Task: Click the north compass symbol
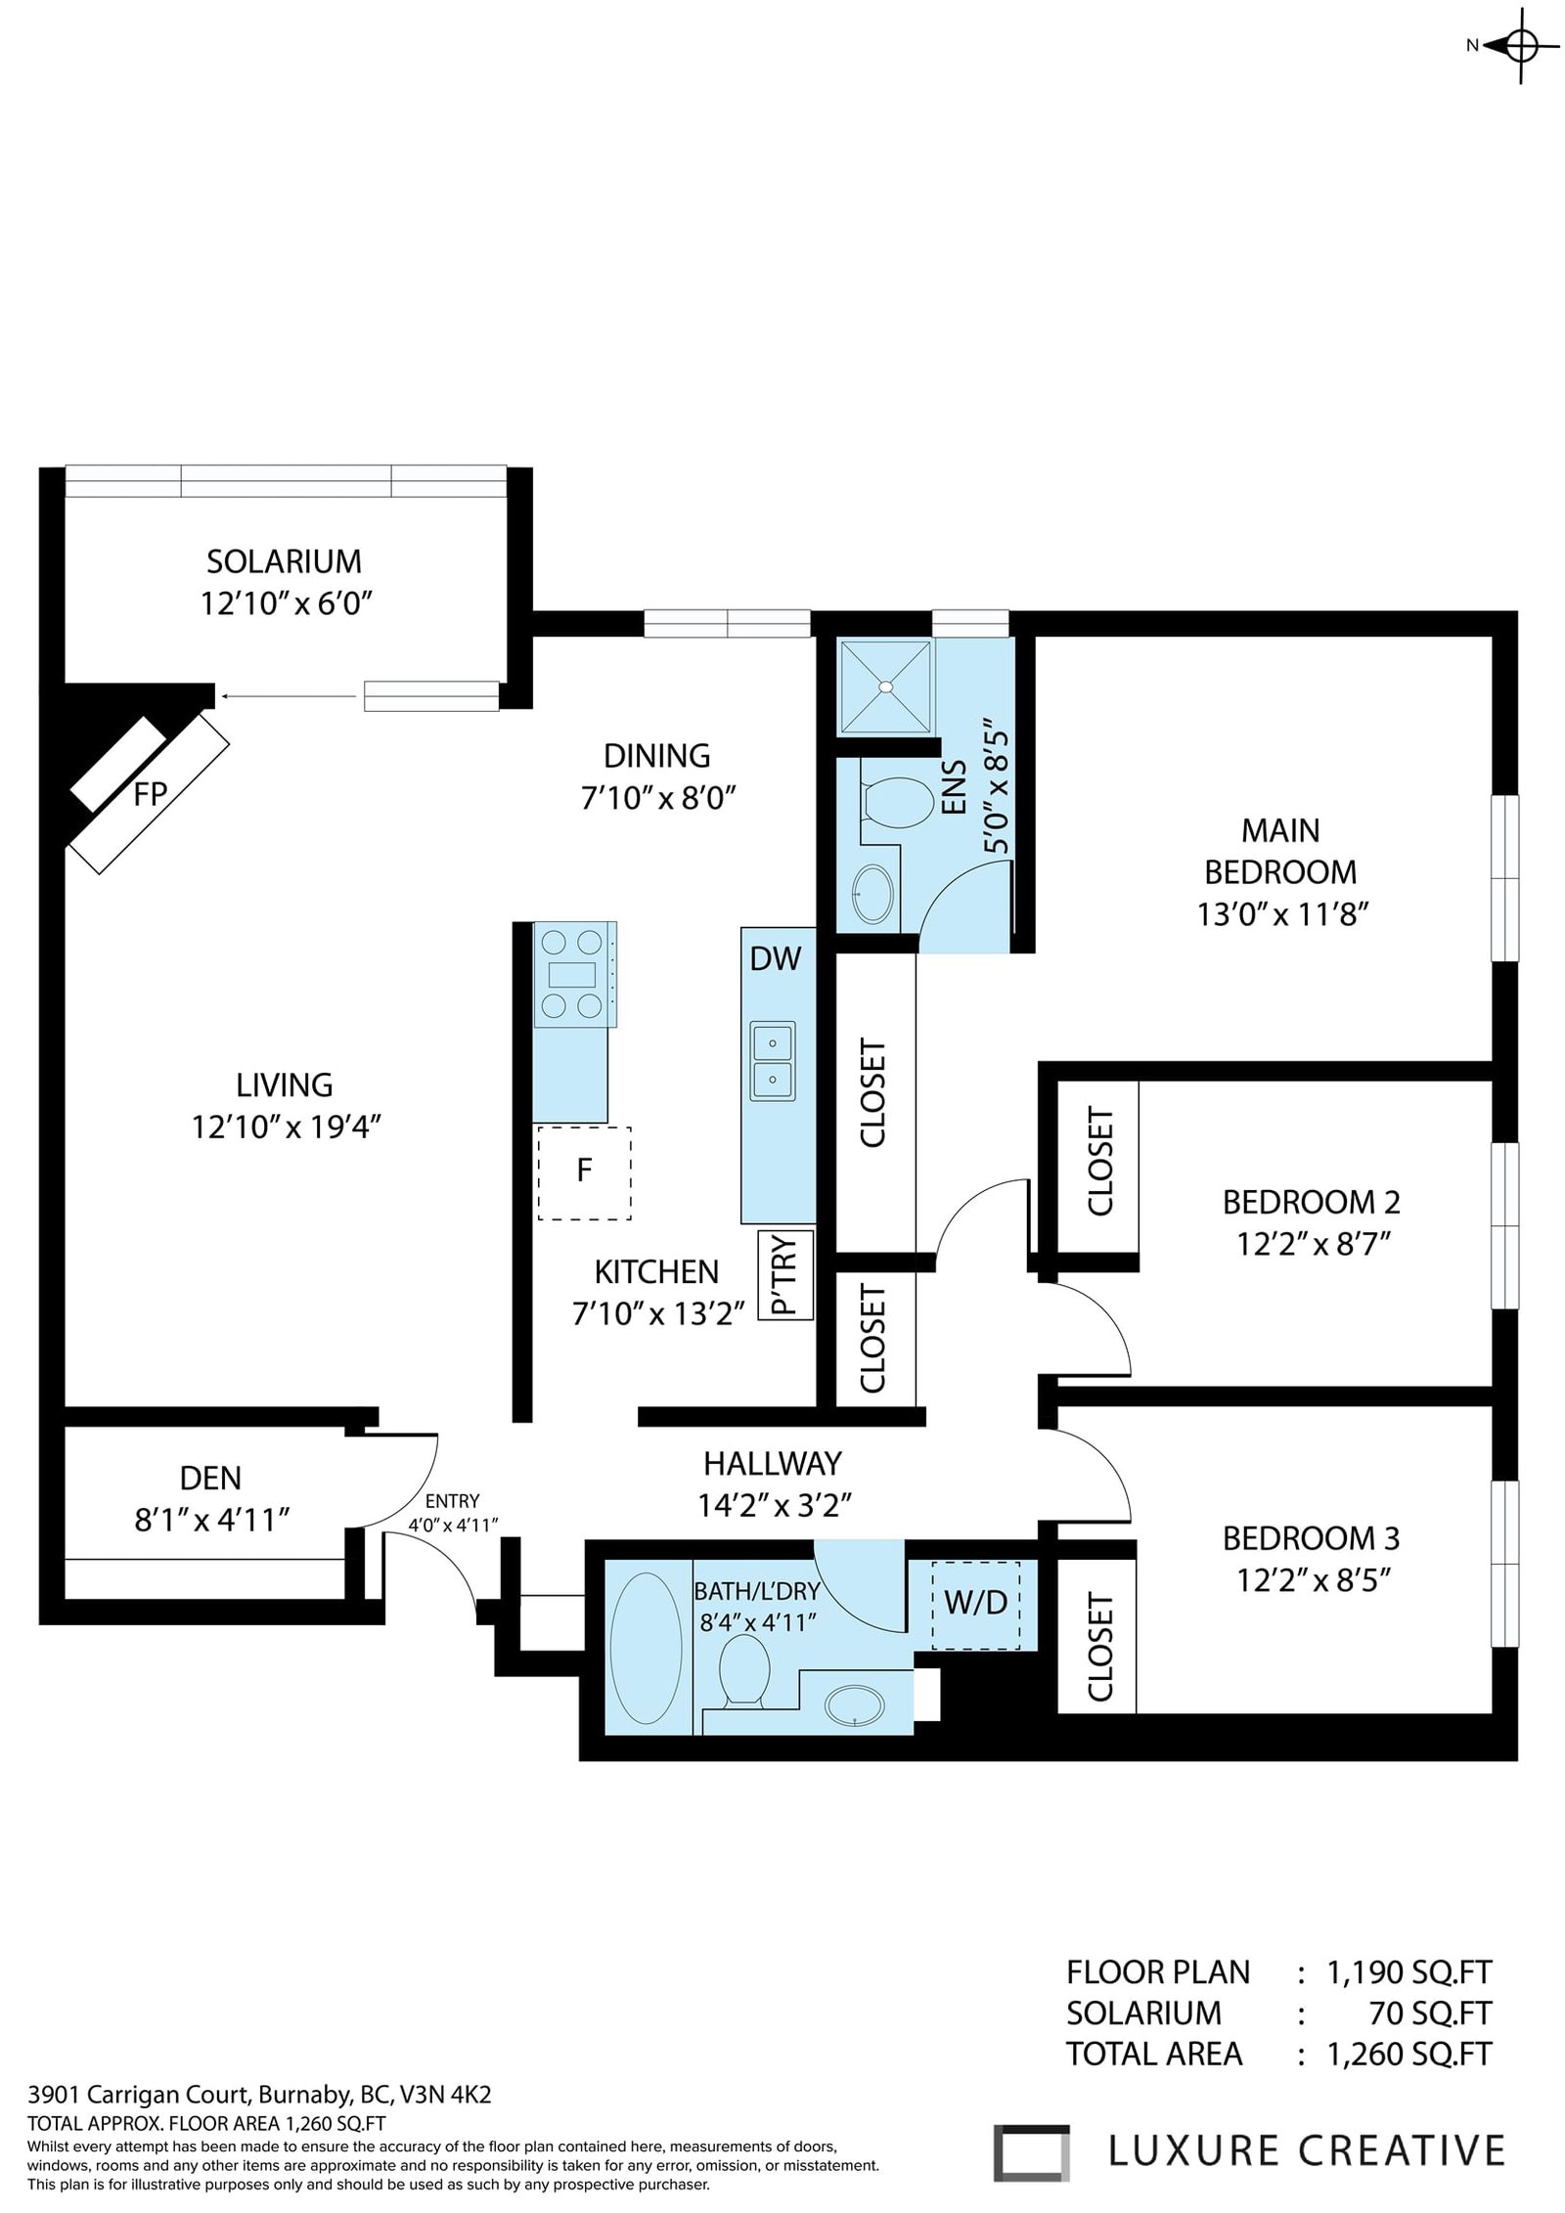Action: [1519, 45]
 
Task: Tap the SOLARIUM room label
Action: [284, 561]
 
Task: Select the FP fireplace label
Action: [150, 794]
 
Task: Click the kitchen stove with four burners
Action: [574, 974]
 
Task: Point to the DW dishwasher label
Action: [776, 959]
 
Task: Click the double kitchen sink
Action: [773, 1060]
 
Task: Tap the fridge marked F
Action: [584, 1173]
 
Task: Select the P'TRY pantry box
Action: [784, 1274]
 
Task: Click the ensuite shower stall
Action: [886, 686]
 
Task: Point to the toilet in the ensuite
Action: [896, 802]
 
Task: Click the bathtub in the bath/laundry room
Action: [642, 1649]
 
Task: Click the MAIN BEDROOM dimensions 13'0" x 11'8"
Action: [1281, 914]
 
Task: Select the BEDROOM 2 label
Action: [1311, 1202]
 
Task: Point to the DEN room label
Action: [210, 1478]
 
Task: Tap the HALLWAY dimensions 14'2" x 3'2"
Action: [773, 1505]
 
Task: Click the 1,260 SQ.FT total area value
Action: [1409, 2055]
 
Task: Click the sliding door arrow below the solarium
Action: [289, 696]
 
